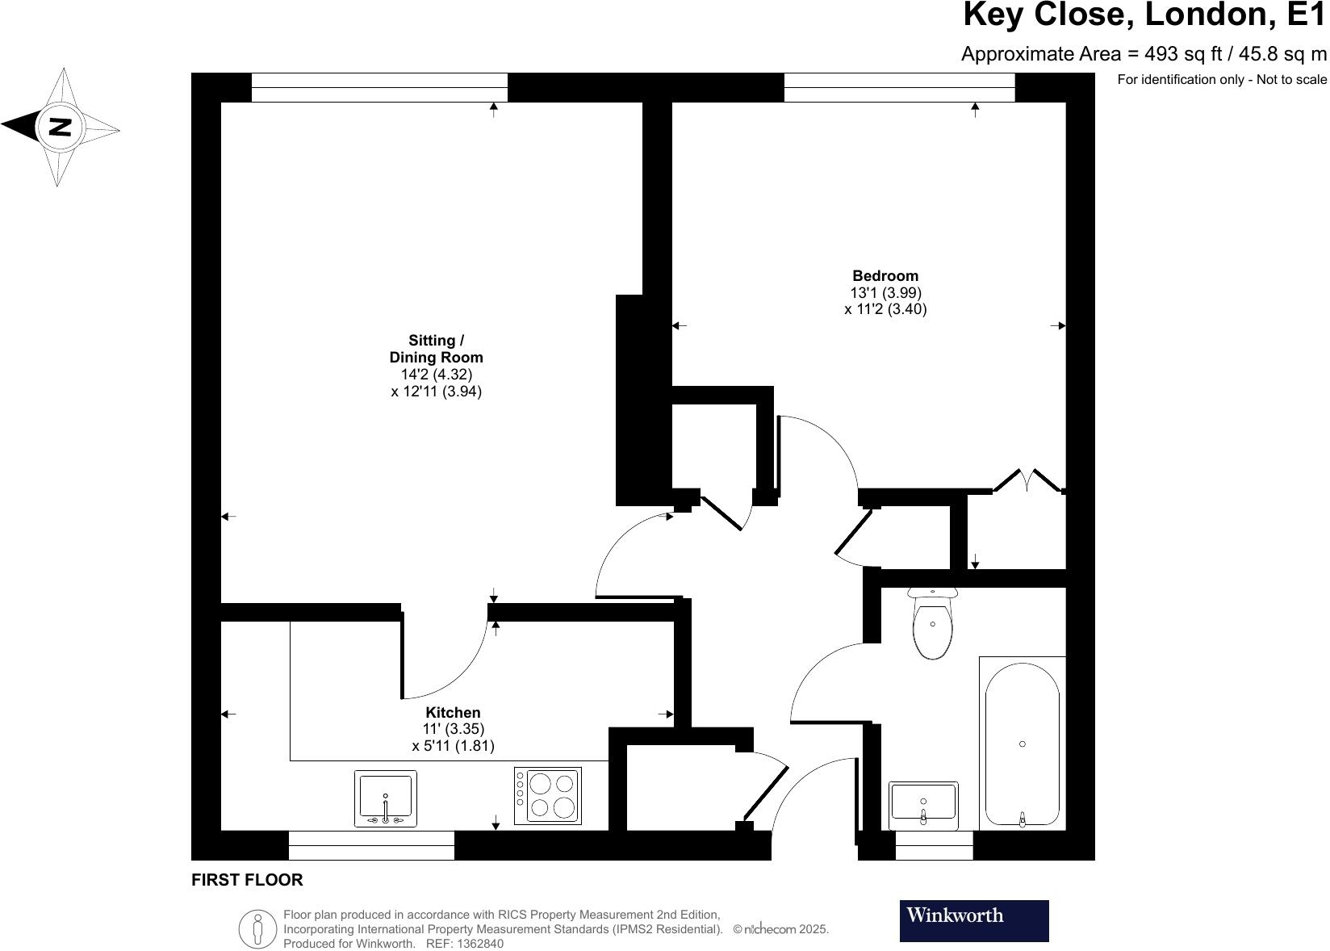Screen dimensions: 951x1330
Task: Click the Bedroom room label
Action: pos(885,276)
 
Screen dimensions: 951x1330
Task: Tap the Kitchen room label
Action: pos(453,713)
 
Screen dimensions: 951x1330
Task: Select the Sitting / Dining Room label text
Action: pos(436,349)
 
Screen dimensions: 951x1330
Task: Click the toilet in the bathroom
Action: pos(932,626)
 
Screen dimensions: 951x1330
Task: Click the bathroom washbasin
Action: pos(923,804)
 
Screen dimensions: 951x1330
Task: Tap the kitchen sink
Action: pos(385,798)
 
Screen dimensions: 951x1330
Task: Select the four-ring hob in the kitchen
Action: pos(547,795)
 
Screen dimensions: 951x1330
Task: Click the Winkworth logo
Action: pos(973,920)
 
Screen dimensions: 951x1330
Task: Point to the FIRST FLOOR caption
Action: pos(247,880)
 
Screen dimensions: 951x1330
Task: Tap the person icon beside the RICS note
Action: pos(257,928)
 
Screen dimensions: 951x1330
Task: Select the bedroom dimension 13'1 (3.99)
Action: pos(885,292)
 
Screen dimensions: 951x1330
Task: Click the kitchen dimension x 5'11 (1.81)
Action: pos(453,746)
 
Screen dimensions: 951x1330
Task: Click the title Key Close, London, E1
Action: pos(1144,15)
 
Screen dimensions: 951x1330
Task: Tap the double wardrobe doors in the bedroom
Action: pos(1027,480)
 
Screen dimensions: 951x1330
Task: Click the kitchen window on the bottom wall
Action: pos(371,845)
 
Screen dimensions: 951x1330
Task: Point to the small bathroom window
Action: pos(934,845)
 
